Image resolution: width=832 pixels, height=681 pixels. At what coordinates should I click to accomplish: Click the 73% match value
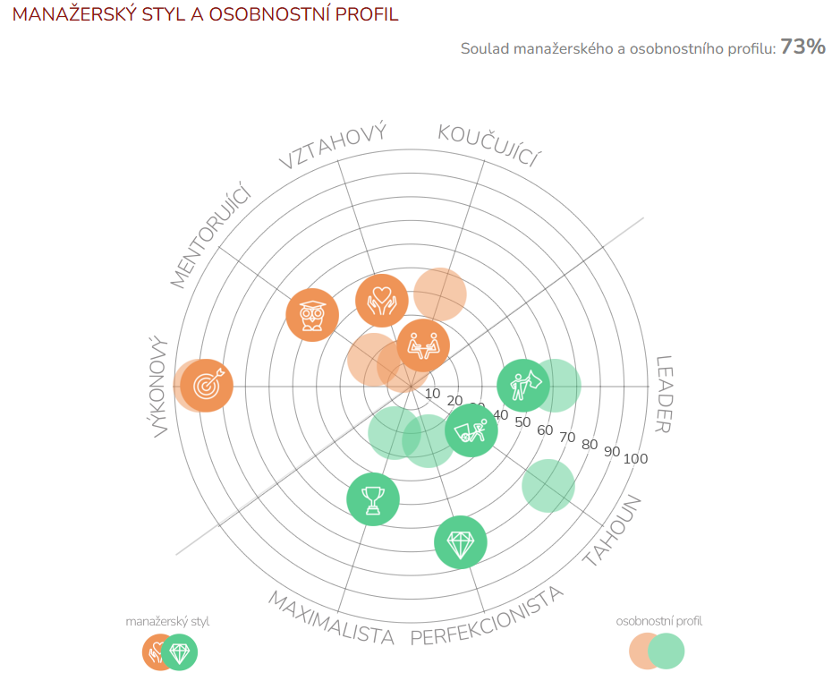[x=802, y=47]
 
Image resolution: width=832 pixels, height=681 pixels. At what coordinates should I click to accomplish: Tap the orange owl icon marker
[x=312, y=315]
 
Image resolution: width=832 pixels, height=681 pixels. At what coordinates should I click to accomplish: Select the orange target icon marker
[x=207, y=386]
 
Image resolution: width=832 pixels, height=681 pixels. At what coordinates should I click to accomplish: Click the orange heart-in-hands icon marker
[x=382, y=300]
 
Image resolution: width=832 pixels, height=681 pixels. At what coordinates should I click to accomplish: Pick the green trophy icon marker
[x=373, y=499]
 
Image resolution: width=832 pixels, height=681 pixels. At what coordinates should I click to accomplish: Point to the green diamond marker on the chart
[x=461, y=543]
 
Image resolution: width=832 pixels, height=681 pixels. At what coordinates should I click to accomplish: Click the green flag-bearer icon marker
[x=523, y=386]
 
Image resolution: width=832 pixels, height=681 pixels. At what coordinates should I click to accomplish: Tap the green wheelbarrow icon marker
[x=471, y=430]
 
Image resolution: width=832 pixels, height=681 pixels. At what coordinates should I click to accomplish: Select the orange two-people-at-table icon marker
[x=422, y=345]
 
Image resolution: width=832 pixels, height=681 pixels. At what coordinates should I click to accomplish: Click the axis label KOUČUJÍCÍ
[x=489, y=146]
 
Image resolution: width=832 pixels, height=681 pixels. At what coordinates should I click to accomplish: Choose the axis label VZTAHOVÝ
[x=333, y=146]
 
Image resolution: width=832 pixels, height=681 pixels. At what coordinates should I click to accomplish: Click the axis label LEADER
[x=663, y=394]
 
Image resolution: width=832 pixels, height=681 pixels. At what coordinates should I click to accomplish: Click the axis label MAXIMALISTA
[x=331, y=618]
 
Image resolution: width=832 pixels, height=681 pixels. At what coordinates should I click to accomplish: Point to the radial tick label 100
[x=635, y=459]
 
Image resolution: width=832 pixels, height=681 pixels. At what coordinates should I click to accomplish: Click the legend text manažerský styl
[x=168, y=621]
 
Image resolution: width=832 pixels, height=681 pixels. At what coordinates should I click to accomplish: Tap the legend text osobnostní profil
[x=659, y=621]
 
